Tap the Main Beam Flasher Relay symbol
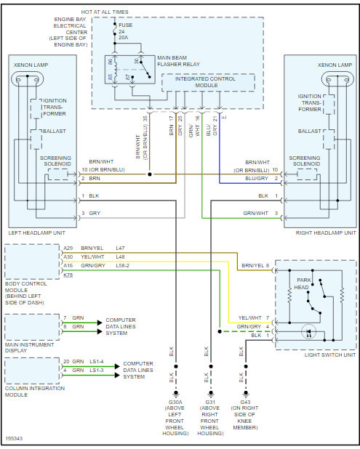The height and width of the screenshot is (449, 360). pos(130,70)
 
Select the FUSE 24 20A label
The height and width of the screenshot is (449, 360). pos(125,31)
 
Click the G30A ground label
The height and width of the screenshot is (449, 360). pos(175,402)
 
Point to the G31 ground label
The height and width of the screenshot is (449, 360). pos(210,402)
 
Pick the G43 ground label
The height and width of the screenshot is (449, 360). pos(245,402)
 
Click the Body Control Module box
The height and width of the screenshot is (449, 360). pos(32,262)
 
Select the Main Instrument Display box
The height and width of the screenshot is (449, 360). pos(32,327)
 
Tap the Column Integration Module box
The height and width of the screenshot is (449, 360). pos(32,371)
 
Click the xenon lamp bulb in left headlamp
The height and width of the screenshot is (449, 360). pos(27,78)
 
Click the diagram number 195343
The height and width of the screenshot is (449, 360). pos(14,438)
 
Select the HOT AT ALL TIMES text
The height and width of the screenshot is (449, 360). pos(105,12)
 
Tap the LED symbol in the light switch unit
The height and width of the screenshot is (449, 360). pos(308,332)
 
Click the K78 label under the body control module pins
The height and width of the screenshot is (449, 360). pos(68,275)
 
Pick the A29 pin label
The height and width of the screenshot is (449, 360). pos(68,248)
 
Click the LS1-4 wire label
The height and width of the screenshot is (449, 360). pos(97,362)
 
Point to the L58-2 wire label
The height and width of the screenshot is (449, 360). pos(122,266)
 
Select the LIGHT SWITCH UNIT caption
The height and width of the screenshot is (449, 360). pos(330,355)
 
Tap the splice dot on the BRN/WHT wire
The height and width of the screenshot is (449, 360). pos(150,174)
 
